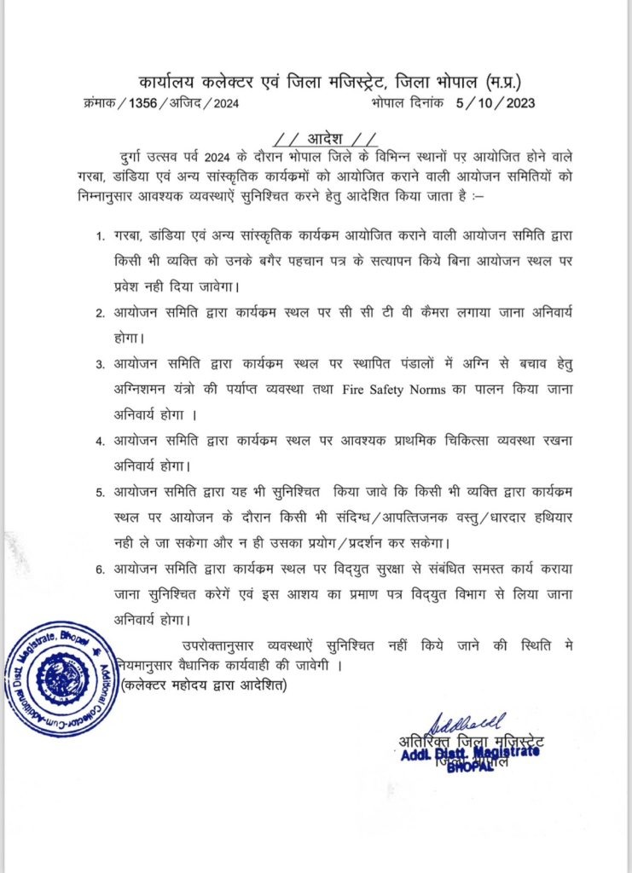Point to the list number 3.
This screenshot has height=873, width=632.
tap(100, 364)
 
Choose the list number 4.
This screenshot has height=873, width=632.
tap(100, 442)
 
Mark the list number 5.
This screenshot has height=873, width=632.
tap(100, 493)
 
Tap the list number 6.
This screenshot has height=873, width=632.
tap(100, 570)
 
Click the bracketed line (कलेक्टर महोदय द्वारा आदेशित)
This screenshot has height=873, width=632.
tap(205, 684)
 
